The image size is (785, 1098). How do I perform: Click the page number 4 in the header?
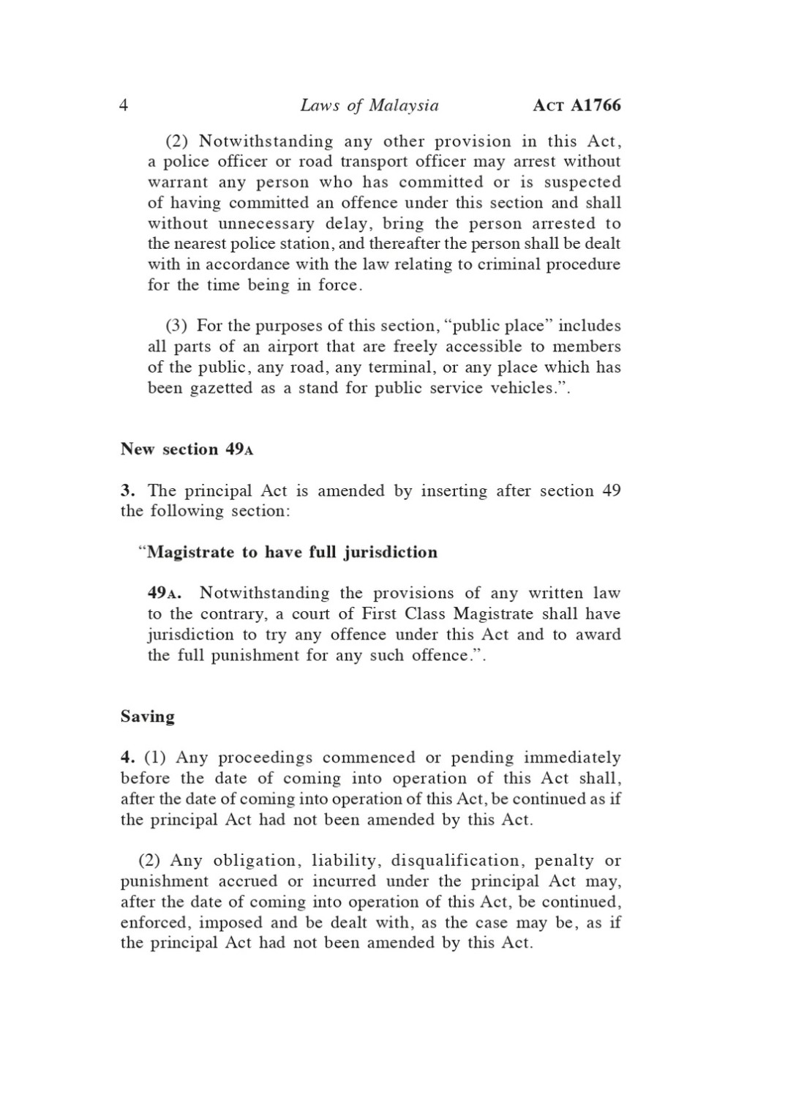pyautogui.click(x=124, y=106)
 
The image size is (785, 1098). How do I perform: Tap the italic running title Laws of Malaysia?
pyautogui.click(x=369, y=106)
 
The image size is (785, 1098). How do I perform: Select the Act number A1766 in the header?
pyautogui.click(x=577, y=106)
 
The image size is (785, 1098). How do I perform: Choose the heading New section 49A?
pyautogui.click(x=187, y=449)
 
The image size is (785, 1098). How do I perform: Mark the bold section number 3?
pyautogui.click(x=125, y=490)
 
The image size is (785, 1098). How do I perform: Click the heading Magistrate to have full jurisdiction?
pyautogui.click(x=292, y=552)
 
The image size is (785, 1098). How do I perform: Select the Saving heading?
pyautogui.click(x=148, y=717)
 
